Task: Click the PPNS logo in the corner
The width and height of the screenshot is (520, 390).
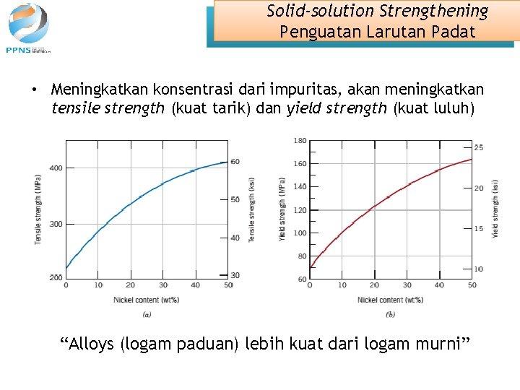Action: pyautogui.click(x=29, y=27)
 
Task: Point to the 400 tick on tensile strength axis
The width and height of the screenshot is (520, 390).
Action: pyautogui.click(x=55, y=168)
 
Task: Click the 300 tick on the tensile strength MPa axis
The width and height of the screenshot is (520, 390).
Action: pyautogui.click(x=55, y=224)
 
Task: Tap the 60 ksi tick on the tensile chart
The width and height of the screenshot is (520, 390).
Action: pyautogui.click(x=235, y=162)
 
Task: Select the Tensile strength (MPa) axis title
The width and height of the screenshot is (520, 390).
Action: pyautogui.click(x=38, y=209)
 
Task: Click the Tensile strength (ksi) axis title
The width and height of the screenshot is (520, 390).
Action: pyautogui.click(x=251, y=209)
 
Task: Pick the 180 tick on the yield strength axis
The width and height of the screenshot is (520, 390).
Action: pyautogui.click(x=300, y=140)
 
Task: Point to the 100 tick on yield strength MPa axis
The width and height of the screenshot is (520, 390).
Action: pyautogui.click(x=300, y=233)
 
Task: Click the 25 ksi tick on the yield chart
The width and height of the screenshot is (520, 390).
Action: pyautogui.click(x=479, y=148)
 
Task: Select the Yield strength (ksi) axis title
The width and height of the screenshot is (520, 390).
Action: pyautogui.click(x=495, y=209)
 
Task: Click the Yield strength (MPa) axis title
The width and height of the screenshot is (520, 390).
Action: pyautogui.click(x=282, y=209)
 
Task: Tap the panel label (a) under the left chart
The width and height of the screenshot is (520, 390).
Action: pyautogui.click(x=147, y=314)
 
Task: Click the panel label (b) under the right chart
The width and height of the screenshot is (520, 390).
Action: pyautogui.click(x=391, y=314)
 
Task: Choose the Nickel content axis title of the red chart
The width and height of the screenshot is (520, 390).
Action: pyautogui.click(x=391, y=300)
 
